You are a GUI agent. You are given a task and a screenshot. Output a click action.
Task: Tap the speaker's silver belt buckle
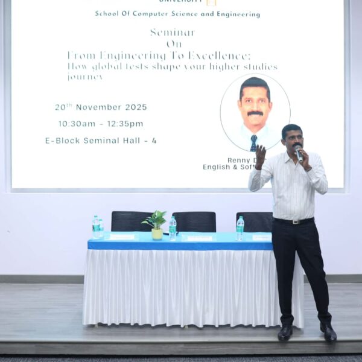295,221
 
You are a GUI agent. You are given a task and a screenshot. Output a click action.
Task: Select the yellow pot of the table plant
157,233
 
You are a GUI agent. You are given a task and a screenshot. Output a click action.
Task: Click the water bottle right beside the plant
173,228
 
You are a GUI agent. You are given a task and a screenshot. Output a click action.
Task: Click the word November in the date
99,107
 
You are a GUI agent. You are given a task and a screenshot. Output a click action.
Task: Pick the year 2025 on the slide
136,107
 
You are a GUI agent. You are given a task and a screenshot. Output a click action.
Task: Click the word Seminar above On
173,33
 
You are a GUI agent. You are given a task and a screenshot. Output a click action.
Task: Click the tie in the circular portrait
254,142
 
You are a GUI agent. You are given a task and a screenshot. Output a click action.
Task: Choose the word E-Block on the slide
62,141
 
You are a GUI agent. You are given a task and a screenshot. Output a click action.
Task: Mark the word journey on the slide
85,77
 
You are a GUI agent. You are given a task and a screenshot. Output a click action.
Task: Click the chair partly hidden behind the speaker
253,221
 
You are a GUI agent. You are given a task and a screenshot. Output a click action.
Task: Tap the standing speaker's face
293,139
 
